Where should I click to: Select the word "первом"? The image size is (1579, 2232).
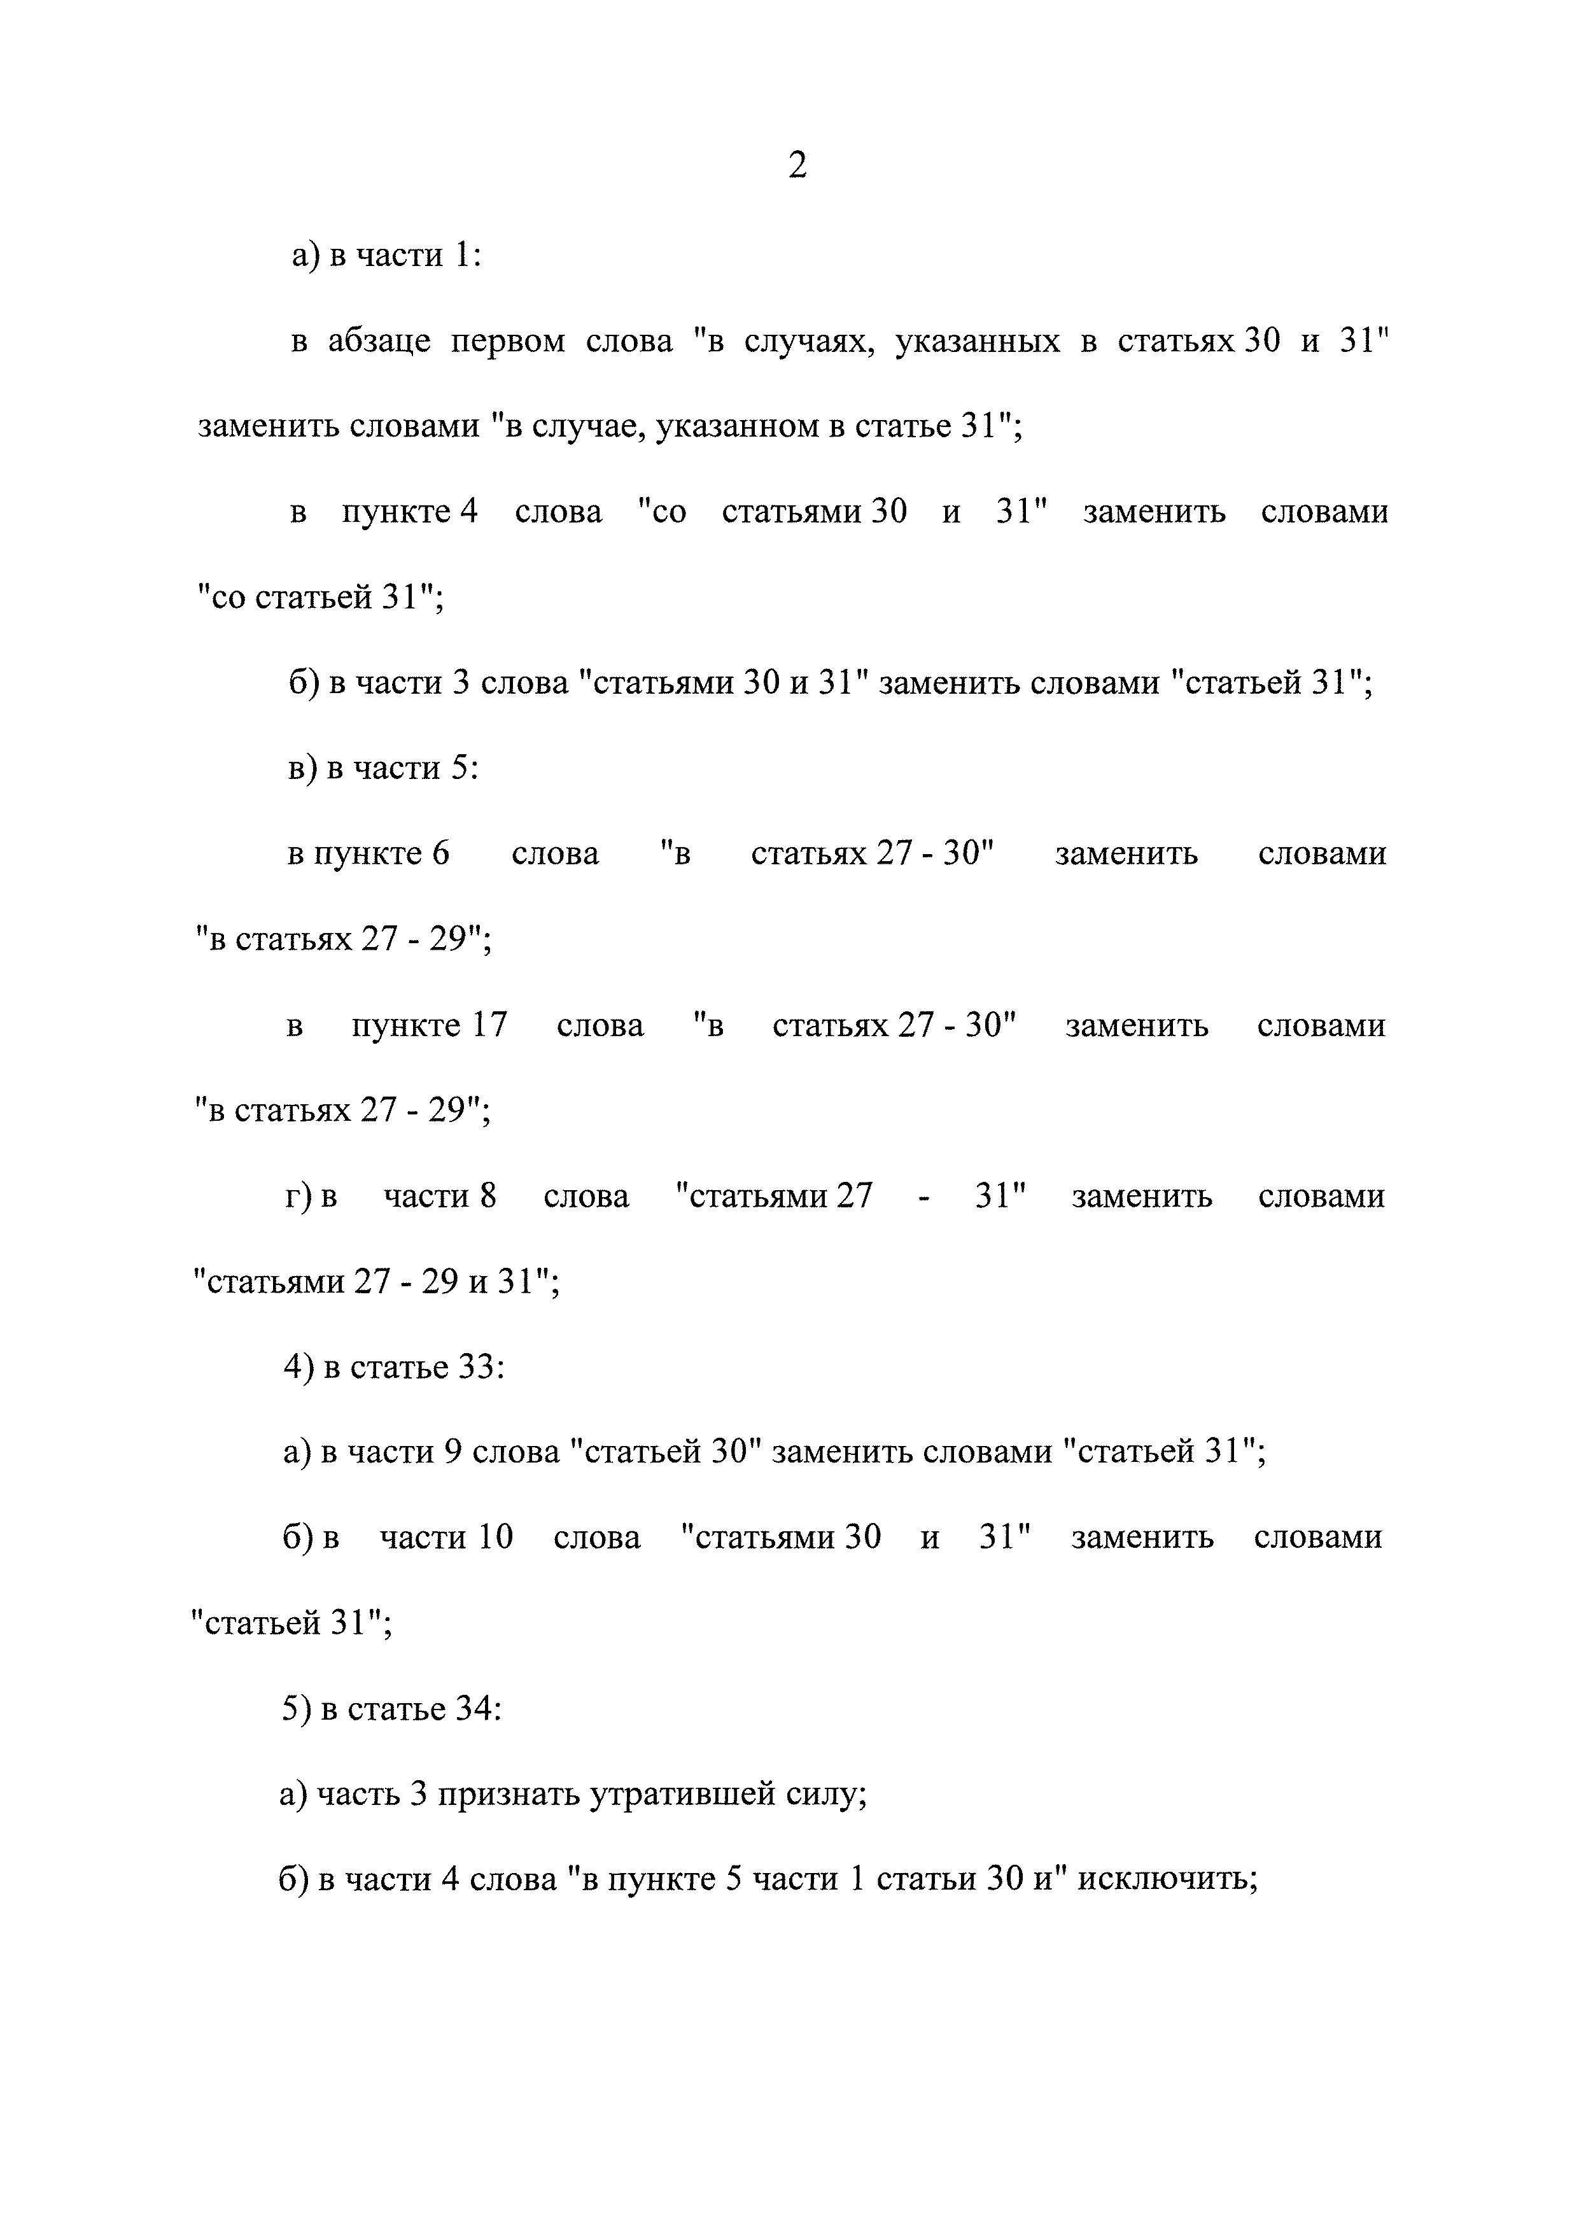point(507,341)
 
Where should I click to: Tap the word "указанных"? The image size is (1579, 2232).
point(976,341)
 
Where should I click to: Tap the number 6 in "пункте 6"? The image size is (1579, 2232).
point(440,853)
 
